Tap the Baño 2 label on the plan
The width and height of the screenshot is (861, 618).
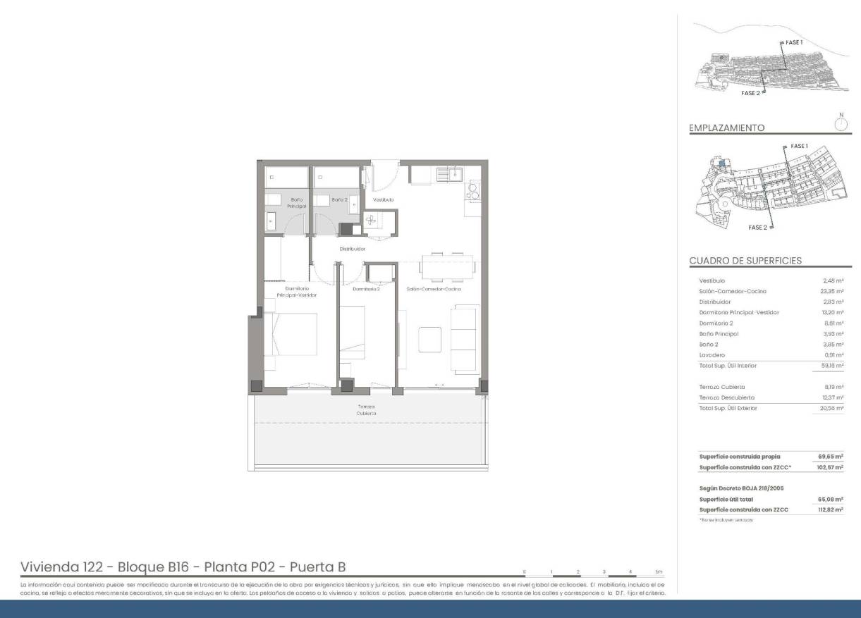pyautogui.click(x=339, y=200)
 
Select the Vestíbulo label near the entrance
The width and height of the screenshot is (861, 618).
pyautogui.click(x=383, y=200)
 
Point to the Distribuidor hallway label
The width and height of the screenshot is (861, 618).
pyautogui.click(x=352, y=249)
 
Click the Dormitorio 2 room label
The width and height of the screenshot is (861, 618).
pyautogui.click(x=366, y=289)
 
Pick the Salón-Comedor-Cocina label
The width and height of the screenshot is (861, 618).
pyautogui.click(x=434, y=289)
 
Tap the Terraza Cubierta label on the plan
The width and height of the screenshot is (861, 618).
pyautogui.click(x=365, y=409)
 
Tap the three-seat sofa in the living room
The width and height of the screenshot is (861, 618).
pyautogui.click(x=465, y=339)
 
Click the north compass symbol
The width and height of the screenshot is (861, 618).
pyautogui.click(x=840, y=124)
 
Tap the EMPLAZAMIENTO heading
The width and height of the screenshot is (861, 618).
pyautogui.click(x=726, y=128)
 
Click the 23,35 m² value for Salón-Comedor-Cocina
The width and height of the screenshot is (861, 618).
pyautogui.click(x=833, y=291)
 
